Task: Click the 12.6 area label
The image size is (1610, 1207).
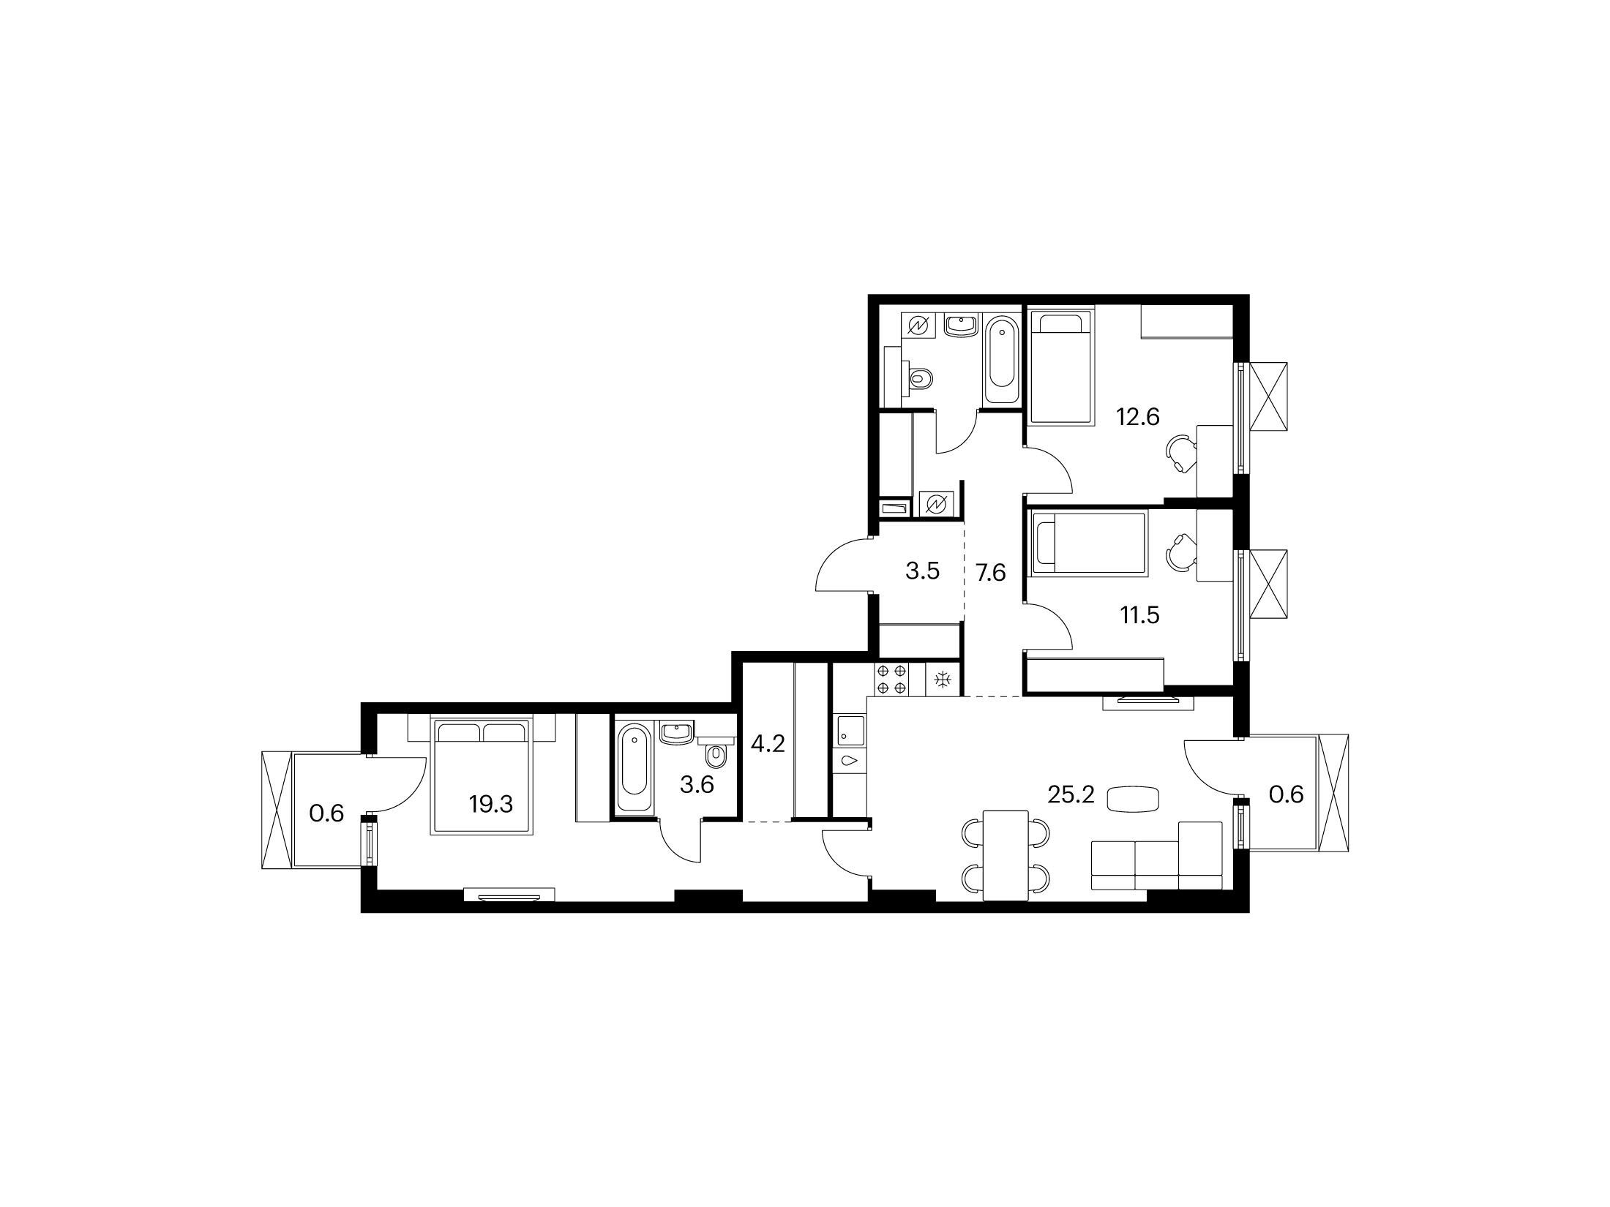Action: [x=1138, y=416]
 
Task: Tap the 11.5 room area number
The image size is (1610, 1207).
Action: [x=1139, y=615]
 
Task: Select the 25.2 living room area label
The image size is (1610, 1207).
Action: [x=1071, y=794]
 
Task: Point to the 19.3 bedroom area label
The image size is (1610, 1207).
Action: [x=491, y=805]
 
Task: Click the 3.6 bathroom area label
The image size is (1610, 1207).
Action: [x=697, y=786]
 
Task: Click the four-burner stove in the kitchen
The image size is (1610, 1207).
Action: [x=891, y=679]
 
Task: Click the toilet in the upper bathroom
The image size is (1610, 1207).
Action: [x=918, y=378]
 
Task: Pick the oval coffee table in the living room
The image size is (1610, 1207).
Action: [x=1132, y=798]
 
